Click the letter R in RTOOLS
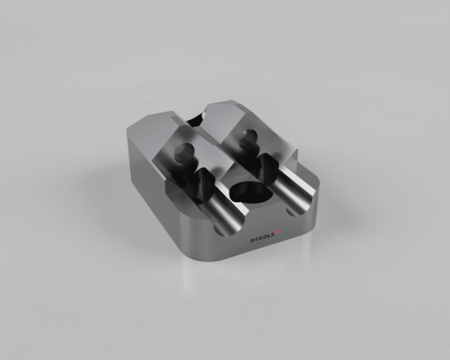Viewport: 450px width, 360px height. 252,242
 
